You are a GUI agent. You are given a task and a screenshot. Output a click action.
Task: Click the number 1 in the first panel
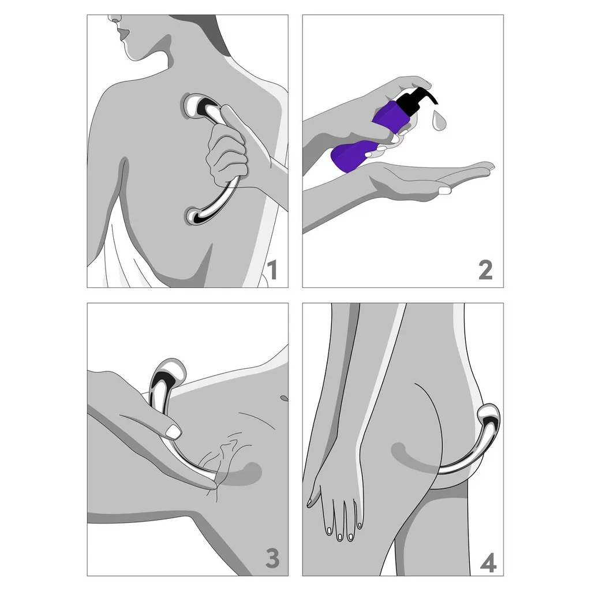coord(272,270)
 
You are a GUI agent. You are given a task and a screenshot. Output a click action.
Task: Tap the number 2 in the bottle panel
coord(485,270)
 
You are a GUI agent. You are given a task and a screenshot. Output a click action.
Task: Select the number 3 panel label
coord(272,558)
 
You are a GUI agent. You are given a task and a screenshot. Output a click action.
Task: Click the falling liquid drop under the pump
coord(439,121)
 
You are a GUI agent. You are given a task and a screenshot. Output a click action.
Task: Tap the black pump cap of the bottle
coord(417,100)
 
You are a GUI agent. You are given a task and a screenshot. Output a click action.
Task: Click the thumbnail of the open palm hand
coord(445,190)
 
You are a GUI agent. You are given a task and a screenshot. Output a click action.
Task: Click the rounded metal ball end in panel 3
coord(170,371)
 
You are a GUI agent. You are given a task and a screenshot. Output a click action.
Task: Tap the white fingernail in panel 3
coord(174,432)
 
